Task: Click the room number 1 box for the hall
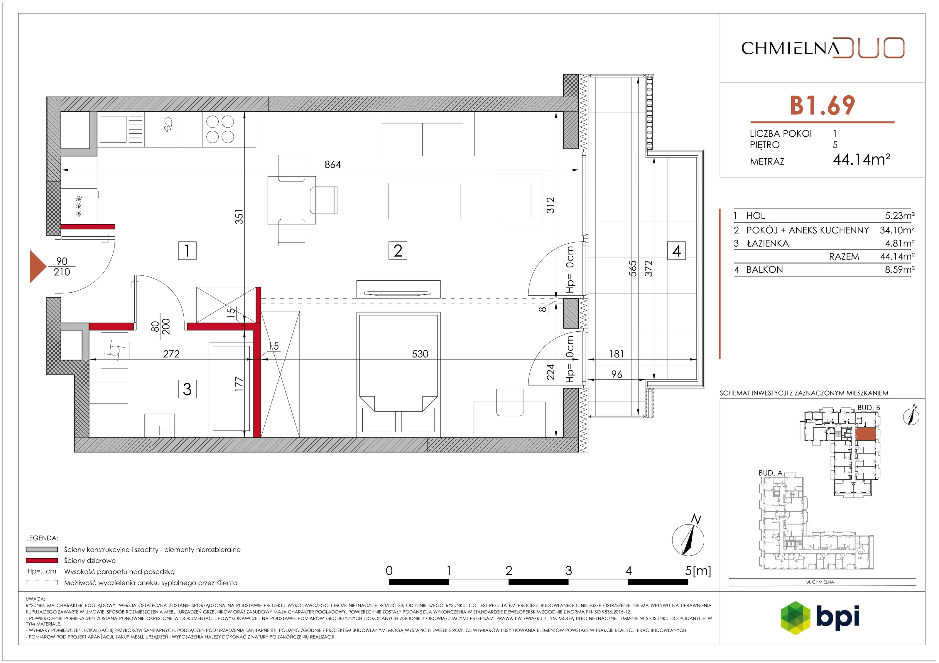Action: coord(187,250)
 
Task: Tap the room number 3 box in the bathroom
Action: coord(187,389)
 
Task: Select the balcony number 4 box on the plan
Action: coord(676,250)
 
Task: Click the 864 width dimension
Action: coord(332,164)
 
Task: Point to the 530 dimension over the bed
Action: coord(420,354)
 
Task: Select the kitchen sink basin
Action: coord(113,129)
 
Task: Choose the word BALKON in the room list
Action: coord(765,270)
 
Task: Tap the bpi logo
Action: coord(820,617)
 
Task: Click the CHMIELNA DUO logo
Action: coord(823,48)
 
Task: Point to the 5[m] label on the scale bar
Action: coord(698,571)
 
